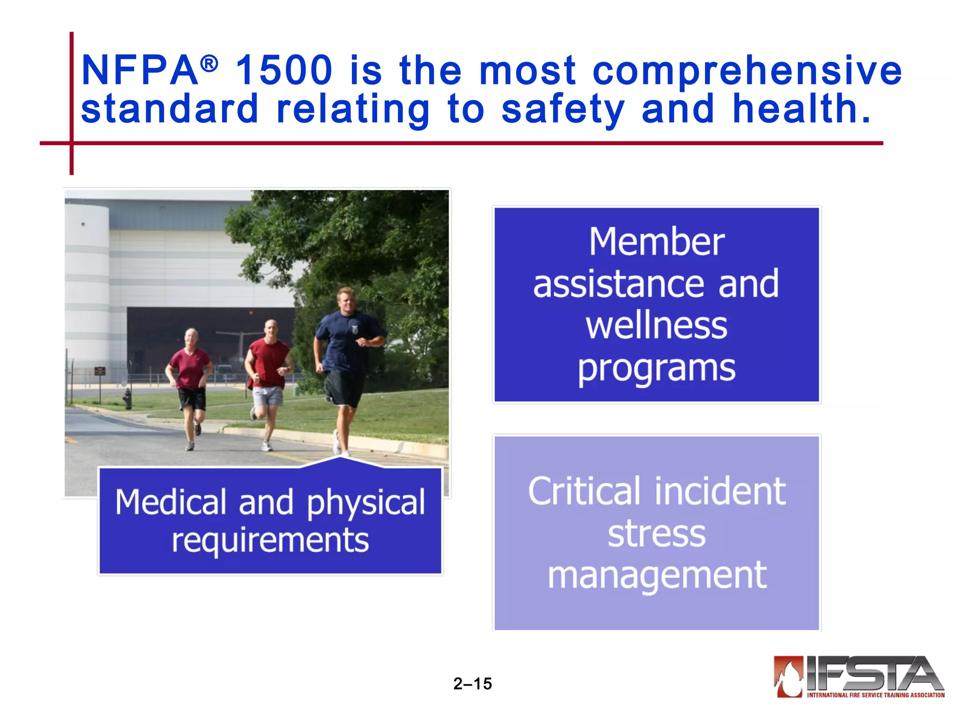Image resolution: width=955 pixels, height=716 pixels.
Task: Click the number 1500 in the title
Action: [x=284, y=70]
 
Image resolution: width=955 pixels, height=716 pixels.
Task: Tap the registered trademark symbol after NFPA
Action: [x=209, y=64]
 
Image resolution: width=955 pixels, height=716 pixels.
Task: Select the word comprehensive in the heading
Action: [x=747, y=71]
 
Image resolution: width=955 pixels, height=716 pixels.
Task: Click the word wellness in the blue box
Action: [x=657, y=326]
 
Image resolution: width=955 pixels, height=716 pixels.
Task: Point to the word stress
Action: [x=657, y=534]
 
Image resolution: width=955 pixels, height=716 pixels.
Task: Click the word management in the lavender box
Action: [x=657, y=576]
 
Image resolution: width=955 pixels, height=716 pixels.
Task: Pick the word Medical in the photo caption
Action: [x=171, y=503]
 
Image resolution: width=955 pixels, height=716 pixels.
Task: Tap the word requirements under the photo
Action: [x=270, y=541]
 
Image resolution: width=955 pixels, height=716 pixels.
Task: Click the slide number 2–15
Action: [x=472, y=684]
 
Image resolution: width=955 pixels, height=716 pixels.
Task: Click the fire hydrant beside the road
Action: [x=127, y=399]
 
